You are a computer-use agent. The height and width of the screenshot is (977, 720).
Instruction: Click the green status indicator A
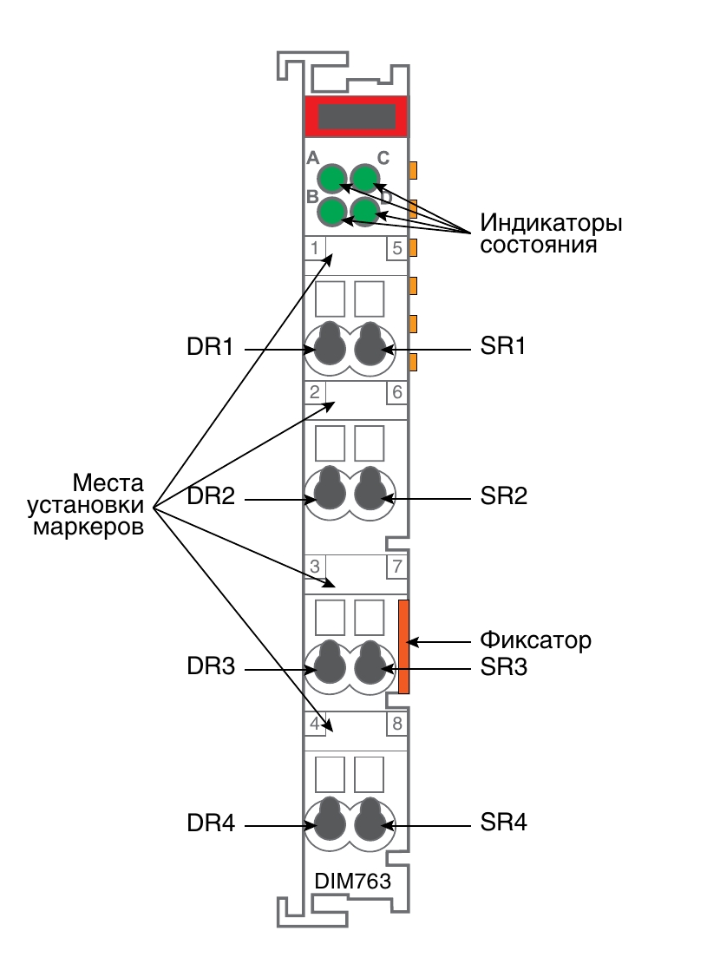332,179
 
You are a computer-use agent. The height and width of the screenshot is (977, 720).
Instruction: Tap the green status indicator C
365,179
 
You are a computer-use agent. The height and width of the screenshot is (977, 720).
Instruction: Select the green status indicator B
332,211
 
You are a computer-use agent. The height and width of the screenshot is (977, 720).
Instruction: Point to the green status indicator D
365,211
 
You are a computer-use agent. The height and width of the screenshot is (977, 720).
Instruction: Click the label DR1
210,347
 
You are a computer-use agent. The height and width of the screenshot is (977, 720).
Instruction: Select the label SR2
503,496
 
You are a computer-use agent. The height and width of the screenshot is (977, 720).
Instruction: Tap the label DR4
211,823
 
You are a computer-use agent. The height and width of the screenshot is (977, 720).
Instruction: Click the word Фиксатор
535,640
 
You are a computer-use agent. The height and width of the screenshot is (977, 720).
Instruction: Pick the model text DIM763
352,881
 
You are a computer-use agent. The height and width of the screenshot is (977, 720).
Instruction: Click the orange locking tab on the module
403,646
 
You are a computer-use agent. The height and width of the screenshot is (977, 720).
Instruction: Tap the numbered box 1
315,248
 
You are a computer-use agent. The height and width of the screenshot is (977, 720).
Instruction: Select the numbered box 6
396,392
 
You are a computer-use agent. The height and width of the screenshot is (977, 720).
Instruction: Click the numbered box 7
396,567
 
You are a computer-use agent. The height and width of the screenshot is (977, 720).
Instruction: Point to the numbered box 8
396,724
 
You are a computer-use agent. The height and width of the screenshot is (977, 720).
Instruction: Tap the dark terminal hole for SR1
370,344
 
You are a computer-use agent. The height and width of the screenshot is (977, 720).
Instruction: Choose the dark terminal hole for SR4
370,821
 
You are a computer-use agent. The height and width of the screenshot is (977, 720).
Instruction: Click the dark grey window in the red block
357,116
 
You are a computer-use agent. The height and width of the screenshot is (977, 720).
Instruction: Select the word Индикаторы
551,222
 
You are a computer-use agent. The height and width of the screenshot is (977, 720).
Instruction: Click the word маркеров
88,528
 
